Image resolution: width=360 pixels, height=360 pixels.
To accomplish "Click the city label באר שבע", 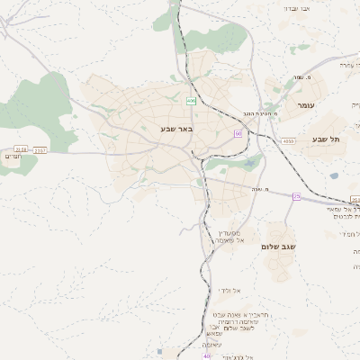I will (176, 129).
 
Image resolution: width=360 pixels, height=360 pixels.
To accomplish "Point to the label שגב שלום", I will (278, 246).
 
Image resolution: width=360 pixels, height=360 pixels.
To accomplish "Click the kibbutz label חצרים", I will (13, 157).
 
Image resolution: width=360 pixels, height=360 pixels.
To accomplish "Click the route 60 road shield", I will (238, 133).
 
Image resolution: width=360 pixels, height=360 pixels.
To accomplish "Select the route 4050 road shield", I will (288, 141).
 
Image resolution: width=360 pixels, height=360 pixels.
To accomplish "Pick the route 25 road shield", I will (296, 196).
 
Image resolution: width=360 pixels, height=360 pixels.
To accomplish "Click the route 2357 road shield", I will (40, 150).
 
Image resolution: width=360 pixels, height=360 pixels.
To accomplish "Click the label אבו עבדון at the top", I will (296, 8).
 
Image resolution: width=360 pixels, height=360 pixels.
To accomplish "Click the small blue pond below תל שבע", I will (334, 176).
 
